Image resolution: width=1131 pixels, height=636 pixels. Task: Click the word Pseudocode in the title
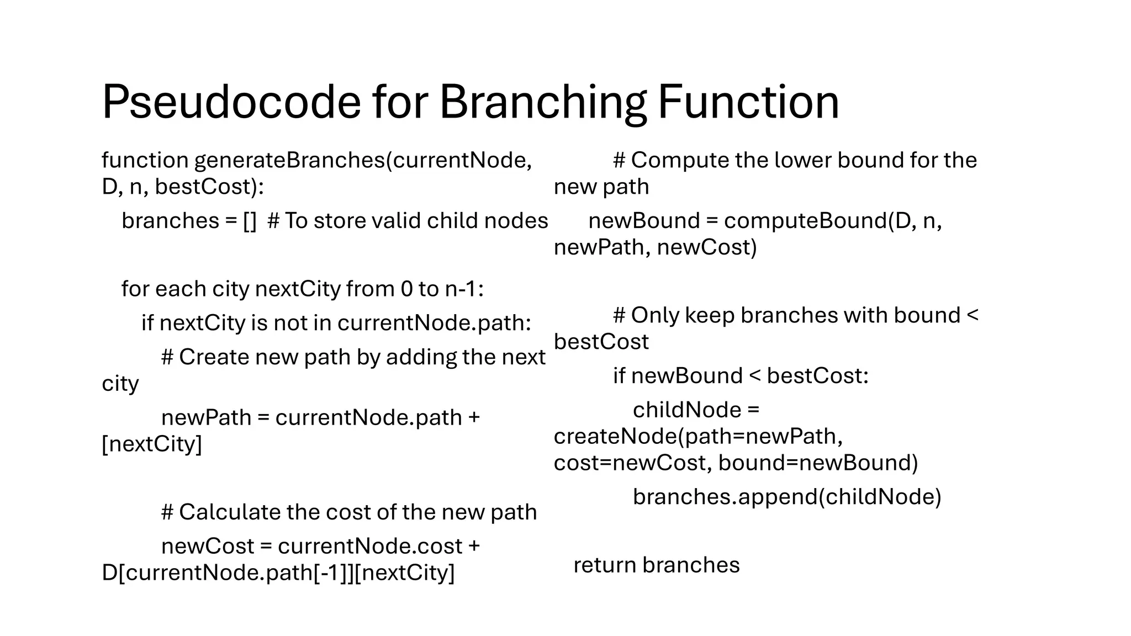pyautogui.click(x=231, y=102)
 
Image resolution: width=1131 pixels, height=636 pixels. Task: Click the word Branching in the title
pyautogui.click(x=542, y=102)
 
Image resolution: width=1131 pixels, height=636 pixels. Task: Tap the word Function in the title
pyautogui.click(x=748, y=102)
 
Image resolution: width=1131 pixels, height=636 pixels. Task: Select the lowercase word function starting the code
pyautogui.click(x=145, y=160)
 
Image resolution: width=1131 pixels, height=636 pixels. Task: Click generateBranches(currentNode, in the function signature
pyautogui.click(x=363, y=160)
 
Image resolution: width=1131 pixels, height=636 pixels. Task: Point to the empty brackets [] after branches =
pyautogui.click(x=250, y=221)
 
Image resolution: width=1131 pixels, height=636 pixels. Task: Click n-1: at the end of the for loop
pyautogui.click(x=464, y=289)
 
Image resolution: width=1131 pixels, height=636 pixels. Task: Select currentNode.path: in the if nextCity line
pyautogui.click(x=434, y=323)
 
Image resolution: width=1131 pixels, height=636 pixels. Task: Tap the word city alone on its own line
pyautogui.click(x=120, y=384)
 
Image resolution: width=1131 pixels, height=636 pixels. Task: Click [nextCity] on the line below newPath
pyautogui.click(x=152, y=444)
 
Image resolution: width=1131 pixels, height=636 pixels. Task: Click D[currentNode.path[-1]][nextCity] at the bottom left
pyautogui.click(x=278, y=573)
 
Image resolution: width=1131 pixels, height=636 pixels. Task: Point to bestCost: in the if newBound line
pyautogui.click(x=817, y=376)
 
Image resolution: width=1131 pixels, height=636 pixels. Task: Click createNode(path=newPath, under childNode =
pyautogui.click(x=698, y=436)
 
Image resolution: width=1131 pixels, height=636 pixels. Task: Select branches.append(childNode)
pyautogui.click(x=786, y=497)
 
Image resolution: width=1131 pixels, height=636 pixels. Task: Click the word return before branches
pyautogui.click(x=605, y=565)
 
